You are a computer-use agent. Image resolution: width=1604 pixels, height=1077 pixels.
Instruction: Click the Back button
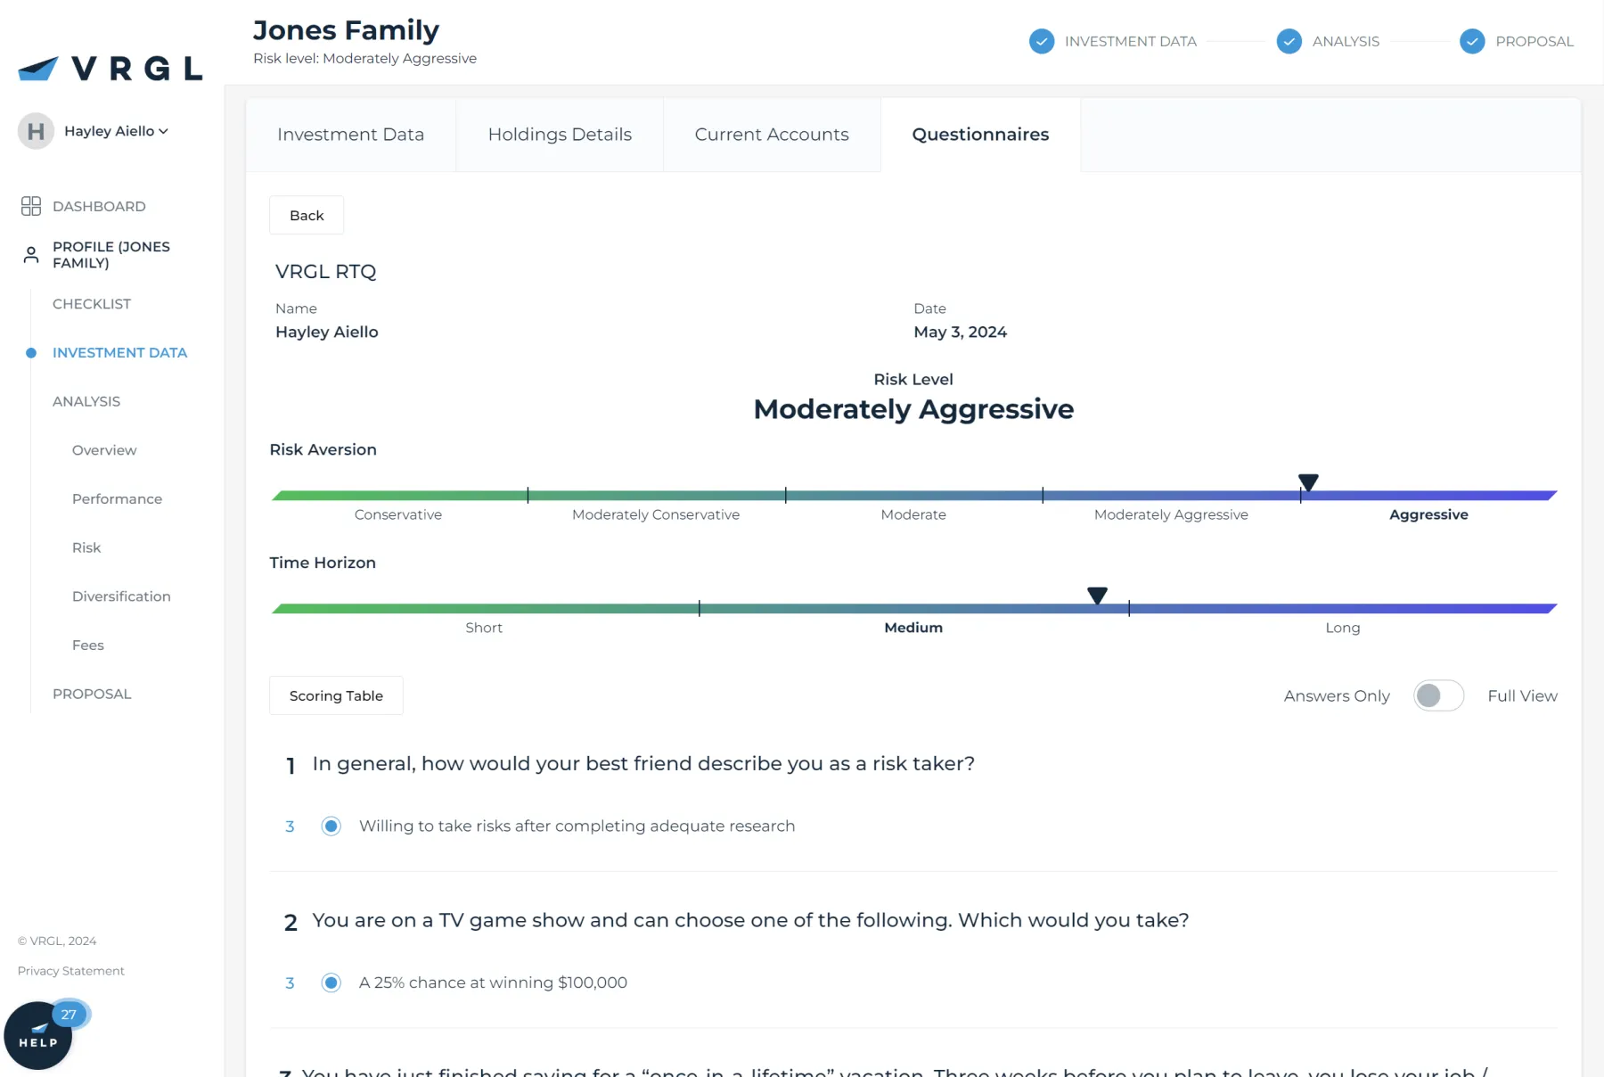[307, 215]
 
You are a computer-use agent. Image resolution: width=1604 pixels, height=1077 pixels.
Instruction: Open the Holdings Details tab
[560, 135]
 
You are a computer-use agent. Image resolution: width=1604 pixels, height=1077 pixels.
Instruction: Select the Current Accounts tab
[772, 135]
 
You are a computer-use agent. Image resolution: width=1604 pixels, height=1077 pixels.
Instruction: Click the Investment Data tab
[350, 135]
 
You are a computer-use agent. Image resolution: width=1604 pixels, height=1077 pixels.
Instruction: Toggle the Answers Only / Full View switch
[1438, 695]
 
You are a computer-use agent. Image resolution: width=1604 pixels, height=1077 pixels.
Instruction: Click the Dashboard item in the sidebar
[98, 206]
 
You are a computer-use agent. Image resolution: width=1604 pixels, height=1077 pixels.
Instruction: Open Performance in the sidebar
[117, 498]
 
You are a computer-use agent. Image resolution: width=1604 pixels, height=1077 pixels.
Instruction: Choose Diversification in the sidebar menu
[121, 596]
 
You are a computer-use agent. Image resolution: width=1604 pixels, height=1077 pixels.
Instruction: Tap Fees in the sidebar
[88, 645]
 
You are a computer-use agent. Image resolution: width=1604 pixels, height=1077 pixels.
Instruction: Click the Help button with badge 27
[38, 1036]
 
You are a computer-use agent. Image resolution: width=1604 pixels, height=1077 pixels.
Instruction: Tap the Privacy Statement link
[71, 971]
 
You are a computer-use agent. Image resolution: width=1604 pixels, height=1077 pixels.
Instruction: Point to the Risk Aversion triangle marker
[1308, 482]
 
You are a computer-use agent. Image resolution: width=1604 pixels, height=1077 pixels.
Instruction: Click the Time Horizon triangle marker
[1097, 595]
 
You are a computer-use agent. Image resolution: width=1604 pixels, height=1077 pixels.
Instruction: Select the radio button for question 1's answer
[331, 826]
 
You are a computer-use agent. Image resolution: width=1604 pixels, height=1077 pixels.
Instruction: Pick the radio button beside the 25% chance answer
[331, 982]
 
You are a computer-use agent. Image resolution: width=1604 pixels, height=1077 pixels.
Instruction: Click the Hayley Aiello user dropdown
[116, 131]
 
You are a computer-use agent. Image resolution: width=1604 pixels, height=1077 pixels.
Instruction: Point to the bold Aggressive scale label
[1428, 514]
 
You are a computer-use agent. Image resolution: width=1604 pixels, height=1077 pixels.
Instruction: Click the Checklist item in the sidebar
[92, 304]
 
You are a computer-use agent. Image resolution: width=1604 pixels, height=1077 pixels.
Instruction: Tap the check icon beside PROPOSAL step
[1472, 41]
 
